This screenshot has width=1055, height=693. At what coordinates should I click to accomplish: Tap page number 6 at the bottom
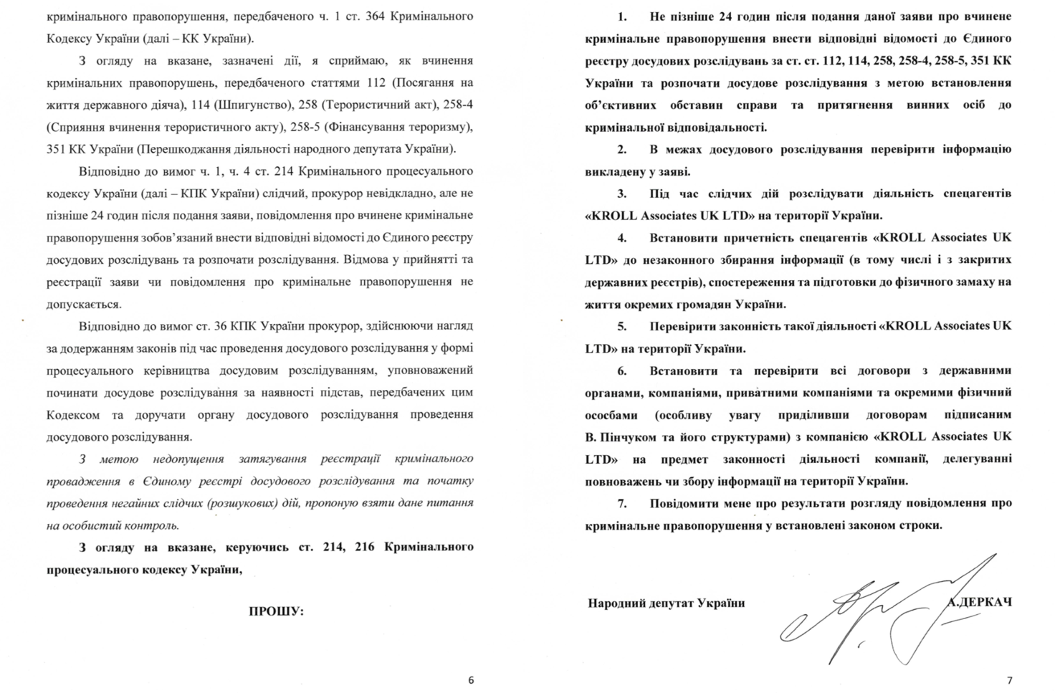(x=471, y=679)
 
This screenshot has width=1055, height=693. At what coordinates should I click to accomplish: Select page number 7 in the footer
(x=1010, y=679)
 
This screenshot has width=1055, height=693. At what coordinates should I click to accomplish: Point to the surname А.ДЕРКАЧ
(x=979, y=603)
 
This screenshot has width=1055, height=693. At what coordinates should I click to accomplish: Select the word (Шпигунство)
(x=252, y=105)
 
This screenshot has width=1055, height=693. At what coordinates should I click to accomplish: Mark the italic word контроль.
(x=153, y=525)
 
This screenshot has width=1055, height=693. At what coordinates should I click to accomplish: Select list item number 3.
(x=621, y=193)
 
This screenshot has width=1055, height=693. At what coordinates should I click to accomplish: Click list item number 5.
(x=621, y=326)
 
